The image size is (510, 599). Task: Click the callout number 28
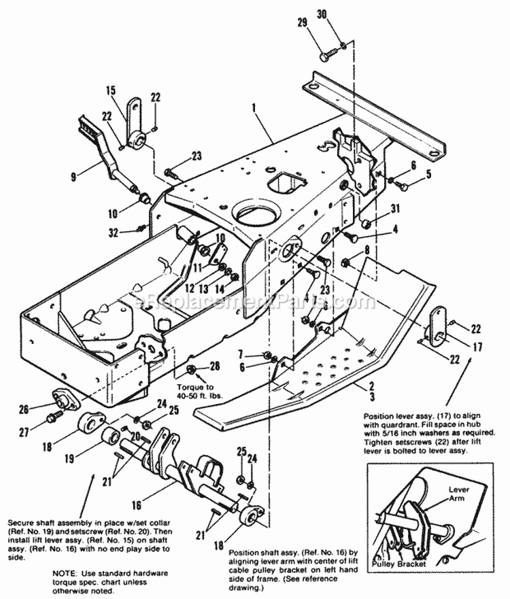[215, 366]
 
